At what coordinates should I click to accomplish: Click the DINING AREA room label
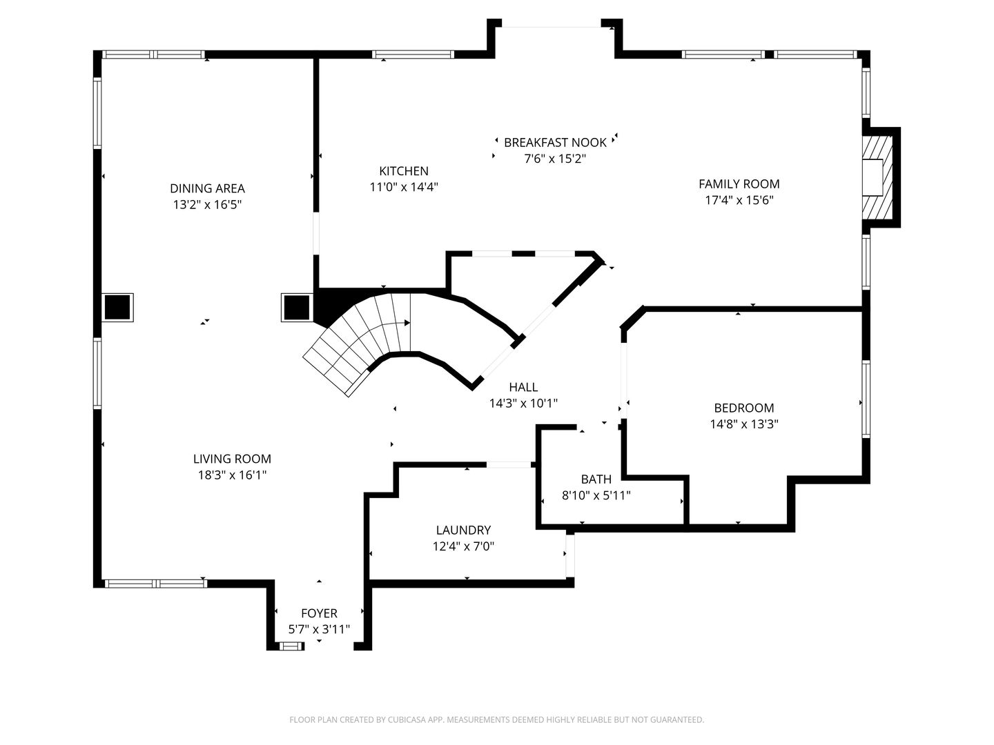[207, 188]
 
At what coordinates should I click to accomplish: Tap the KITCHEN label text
[404, 171]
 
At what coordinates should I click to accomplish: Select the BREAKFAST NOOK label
[555, 143]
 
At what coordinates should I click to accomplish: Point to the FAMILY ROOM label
[739, 183]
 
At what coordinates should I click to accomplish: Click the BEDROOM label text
[744, 408]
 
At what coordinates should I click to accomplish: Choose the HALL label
[523, 387]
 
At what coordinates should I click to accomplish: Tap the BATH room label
[596, 479]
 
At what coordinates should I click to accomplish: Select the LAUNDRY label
[463, 530]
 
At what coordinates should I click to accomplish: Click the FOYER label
[320, 613]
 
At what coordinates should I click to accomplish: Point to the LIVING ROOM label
[233, 459]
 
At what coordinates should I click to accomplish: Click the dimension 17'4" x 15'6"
[739, 200]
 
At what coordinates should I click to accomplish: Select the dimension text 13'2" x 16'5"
[207, 204]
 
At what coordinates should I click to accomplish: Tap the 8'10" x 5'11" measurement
[596, 495]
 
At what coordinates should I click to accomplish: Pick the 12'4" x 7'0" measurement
[463, 546]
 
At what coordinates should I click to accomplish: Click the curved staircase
[362, 344]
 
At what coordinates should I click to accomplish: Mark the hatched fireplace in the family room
[877, 177]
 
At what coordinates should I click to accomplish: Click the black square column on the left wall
[117, 308]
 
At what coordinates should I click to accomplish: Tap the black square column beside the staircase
[297, 308]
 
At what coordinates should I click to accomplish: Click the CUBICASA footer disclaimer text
[497, 719]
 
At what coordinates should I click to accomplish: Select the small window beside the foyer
[291, 646]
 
